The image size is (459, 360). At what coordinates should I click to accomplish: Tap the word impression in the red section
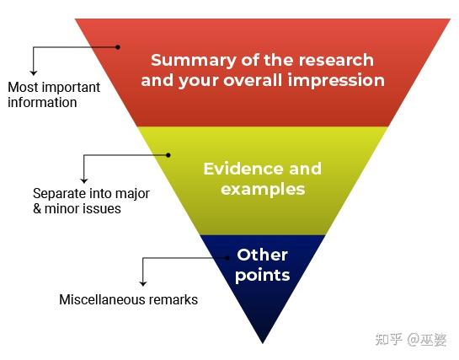click(x=336, y=81)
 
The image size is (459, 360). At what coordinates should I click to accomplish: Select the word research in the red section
click(x=336, y=60)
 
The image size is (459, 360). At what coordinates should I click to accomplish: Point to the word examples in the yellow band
click(x=263, y=190)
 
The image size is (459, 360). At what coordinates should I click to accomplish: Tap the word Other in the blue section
click(x=262, y=255)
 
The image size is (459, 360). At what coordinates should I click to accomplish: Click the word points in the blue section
click(x=262, y=276)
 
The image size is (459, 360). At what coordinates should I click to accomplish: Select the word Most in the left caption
click(x=23, y=87)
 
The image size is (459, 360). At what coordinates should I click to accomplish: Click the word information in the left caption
click(x=42, y=103)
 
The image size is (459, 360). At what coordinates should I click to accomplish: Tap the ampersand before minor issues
click(x=37, y=209)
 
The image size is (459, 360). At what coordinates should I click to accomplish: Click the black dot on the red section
click(x=118, y=47)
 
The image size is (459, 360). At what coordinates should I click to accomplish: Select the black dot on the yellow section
click(x=168, y=155)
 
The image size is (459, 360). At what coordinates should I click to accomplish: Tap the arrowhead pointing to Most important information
click(x=34, y=73)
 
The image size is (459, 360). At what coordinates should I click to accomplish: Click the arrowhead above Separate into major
click(x=84, y=180)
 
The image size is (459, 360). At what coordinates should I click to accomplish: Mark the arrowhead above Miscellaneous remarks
click(x=143, y=283)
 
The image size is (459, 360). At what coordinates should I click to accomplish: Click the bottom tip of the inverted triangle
click(x=263, y=343)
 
